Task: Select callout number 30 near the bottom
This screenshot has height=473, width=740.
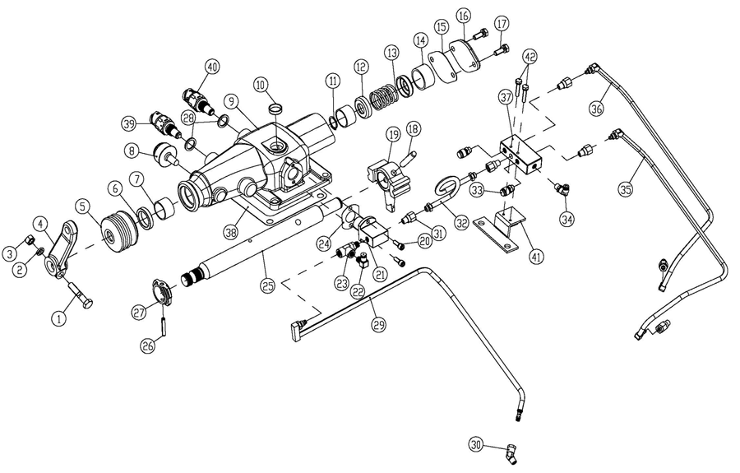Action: coord(476,443)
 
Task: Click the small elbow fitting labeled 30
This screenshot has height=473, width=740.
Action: coord(510,455)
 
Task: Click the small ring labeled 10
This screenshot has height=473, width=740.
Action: coord(277,108)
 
